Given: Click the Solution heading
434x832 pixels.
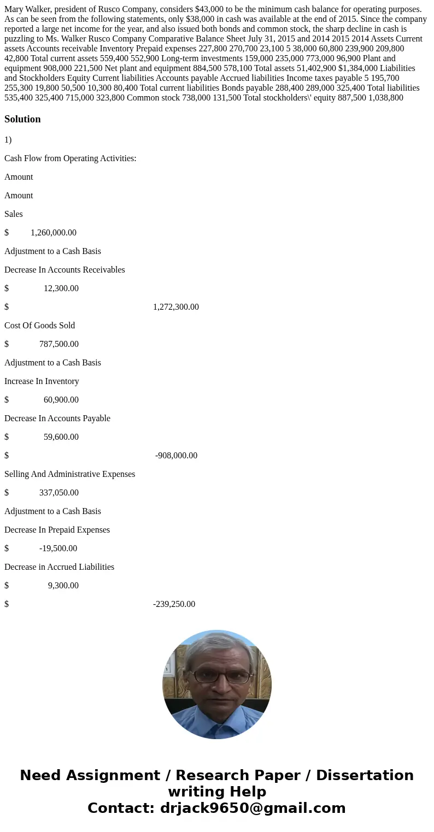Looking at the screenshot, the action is tap(22, 119).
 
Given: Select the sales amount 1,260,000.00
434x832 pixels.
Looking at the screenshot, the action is tap(54, 233).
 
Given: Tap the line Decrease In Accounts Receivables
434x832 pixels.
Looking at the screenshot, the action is tap(64, 270).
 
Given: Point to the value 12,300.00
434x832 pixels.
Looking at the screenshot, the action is tap(61, 288).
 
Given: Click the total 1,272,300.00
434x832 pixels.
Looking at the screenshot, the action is tap(175, 307).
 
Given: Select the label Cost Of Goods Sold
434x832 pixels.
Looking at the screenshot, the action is tap(39, 326).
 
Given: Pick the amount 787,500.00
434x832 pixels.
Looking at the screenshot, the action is tap(58, 344).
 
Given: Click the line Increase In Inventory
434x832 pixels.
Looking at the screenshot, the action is tap(42, 381).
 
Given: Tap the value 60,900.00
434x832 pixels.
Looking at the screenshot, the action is tap(61, 400).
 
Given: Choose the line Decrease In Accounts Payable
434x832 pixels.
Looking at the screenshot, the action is tap(57, 418).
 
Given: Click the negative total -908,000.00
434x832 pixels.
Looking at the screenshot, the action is tap(176, 456).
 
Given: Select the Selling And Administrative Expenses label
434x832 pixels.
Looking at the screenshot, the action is tap(69, 474).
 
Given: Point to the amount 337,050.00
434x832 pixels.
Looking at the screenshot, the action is tap(58, 493).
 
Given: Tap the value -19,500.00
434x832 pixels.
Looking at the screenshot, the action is tap(58, 548).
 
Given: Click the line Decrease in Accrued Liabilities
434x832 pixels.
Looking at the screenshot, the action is tap(59, 567).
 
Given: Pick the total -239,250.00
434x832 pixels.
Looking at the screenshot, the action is tap(174, 604).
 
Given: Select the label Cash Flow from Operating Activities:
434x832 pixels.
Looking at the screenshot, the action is tap(70, 158).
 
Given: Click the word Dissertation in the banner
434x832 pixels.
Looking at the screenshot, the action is tap(365, 776).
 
